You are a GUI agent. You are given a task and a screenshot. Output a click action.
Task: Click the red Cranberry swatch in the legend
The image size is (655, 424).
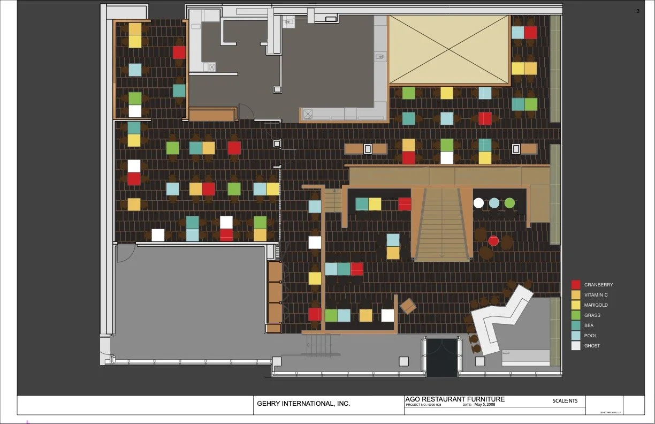(x=576, y=285)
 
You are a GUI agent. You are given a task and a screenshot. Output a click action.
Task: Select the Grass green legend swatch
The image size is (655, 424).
(x=576, y=315)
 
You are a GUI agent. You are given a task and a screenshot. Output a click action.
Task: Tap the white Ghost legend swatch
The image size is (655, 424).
(x=576, y=346)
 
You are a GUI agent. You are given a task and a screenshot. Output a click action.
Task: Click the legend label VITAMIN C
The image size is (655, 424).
(x=596, y=295)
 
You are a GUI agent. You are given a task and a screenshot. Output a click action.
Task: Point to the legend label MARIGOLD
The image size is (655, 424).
(x=596, y=305)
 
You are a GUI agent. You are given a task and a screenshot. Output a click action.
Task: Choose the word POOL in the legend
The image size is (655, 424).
(x=590, y=336)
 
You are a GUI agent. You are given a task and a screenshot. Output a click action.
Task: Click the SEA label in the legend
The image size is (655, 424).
(x=589, y=325)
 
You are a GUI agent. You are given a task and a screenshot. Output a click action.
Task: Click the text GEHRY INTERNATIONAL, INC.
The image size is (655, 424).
(x=303, y=404)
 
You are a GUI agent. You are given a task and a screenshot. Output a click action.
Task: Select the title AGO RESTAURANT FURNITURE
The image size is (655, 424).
(x=455, y=399)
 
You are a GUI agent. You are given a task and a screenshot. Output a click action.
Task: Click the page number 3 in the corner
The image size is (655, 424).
(x=637, y=11)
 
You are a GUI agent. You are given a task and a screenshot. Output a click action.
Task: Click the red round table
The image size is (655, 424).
(x=493, y=241)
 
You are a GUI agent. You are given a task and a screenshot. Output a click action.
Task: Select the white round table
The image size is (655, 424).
(x=478, y=203)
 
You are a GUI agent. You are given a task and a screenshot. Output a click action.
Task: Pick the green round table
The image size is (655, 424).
(x=509, y=203)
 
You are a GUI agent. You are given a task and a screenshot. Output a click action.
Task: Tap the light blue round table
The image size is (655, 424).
(x=494, y=203)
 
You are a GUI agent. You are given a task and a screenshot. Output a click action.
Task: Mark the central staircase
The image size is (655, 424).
(x=442, y=225)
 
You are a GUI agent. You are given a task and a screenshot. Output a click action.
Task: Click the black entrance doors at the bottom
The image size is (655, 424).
(x=442, y=357)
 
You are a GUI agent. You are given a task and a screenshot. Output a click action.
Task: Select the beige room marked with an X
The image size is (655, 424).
(x=448, y=49)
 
